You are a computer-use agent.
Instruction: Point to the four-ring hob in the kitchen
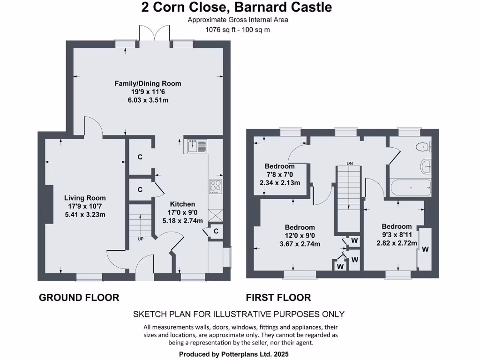tap(215, 186)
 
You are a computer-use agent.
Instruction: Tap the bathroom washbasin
tap(427, 165)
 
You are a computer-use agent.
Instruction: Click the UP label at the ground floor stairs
tap(140, 239)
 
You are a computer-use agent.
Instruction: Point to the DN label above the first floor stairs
tap(350, 163)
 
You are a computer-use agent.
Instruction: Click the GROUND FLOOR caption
tap(79, 297)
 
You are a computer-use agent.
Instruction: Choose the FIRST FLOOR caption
tap(278, 297)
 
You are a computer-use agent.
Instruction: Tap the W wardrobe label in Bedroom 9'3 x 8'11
tap(425, 249)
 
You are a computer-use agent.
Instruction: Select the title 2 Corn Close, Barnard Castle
tap(237, 7)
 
